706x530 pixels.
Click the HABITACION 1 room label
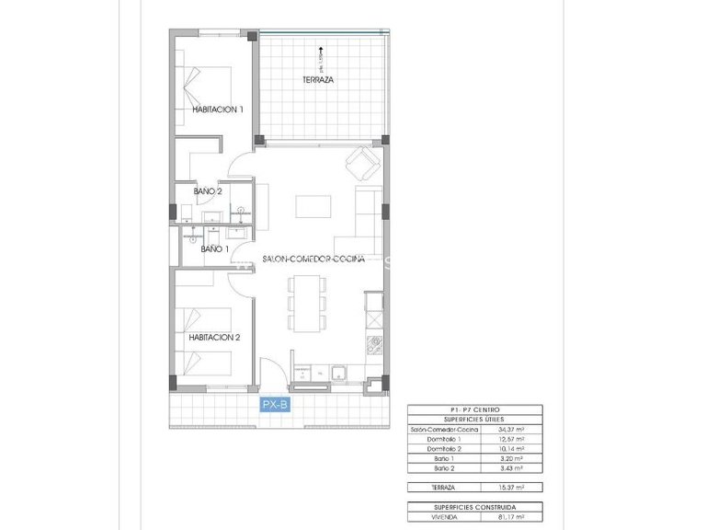click(218, 109)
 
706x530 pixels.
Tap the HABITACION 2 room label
click(214, 338)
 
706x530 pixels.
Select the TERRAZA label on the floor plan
click(318, 81)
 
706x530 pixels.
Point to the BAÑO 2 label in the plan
click(208, 191)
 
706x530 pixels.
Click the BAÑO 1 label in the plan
click(213, 248)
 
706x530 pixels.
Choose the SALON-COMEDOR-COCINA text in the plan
click(313, 259)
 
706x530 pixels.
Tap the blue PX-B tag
click(275, 404)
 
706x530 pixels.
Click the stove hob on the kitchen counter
click(374, 346)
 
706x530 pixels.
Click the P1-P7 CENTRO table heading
click(474, 409)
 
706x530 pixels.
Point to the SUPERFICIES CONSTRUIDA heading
click(474, 507)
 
